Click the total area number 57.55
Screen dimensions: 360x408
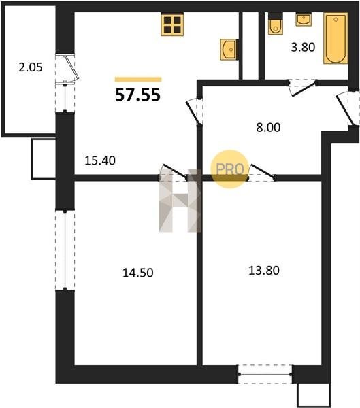pos(137,95)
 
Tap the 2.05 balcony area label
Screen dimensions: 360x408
pos(31,67)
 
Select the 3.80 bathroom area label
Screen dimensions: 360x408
pos(303,48)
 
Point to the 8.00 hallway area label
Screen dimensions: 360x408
pos(268,128)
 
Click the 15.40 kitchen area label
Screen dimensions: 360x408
pos(100,160)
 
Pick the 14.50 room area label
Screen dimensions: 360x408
pos(137,273)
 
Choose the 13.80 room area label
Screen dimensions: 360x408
pos(264,271)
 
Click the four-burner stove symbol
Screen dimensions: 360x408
pos(172,24)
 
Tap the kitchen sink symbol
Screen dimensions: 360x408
pos(229,50)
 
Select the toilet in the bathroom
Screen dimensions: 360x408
pos(276,23)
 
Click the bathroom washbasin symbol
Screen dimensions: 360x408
pos(304,20)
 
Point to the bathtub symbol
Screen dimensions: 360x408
pos(336,38)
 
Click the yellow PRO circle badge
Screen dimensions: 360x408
pos(230,169)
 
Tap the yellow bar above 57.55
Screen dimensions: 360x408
pos(138,80)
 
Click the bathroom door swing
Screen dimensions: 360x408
pos(302,88)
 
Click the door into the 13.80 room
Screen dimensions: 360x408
pos(261,173)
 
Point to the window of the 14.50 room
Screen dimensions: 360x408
pos(65,250)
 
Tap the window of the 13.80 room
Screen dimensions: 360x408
pos(265,374)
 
